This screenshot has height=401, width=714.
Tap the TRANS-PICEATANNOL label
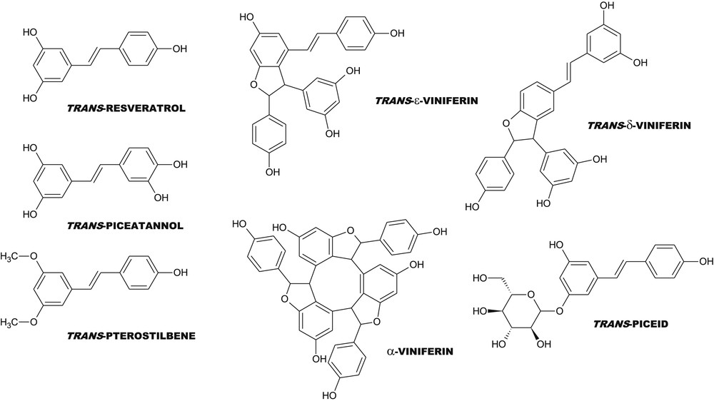(x=125, y=225)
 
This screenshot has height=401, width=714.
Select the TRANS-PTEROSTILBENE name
(x=131, y=336)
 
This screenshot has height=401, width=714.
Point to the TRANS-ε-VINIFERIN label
(x=427, y=101)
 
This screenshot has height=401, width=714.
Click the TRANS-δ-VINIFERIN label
(x=639, y=125)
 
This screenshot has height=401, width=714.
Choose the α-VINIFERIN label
(x=420, y=351)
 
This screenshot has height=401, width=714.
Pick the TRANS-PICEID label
(x=630, y=324)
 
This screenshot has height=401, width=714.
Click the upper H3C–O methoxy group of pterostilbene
(x=19, y=256)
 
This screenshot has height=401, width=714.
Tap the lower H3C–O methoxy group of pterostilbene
(x=19, y=323)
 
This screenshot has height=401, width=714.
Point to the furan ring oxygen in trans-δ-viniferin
(x=505, y=123)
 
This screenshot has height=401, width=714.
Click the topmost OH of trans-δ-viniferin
(x=604, y=7)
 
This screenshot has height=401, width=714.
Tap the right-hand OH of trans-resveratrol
(x=179, y=49)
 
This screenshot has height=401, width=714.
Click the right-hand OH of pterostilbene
(x=179, y=273)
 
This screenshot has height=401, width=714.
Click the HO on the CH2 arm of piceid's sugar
(x=481, y=278)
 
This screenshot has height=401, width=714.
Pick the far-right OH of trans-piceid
(x=706, y=261)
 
